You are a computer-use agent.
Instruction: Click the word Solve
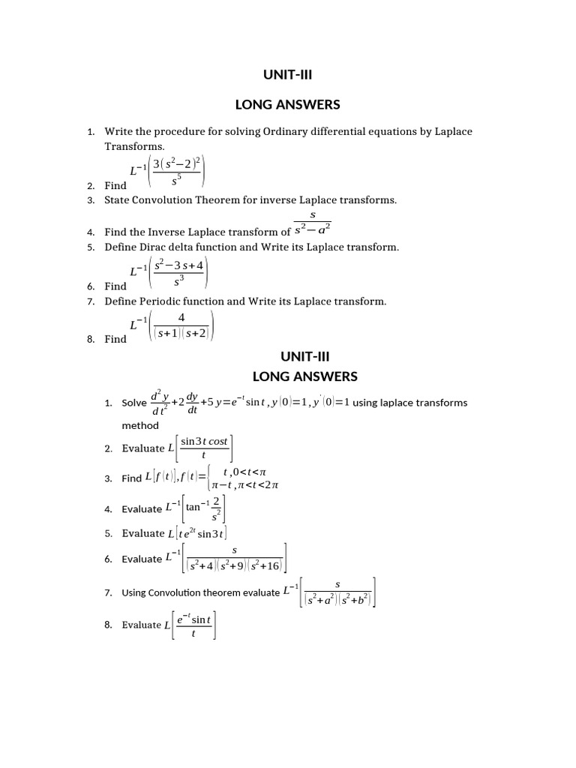click(x=134, y=403)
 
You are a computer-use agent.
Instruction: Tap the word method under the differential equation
click(x=140, y=425)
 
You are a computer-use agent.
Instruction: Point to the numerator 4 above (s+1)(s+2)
click(x=181, y=318)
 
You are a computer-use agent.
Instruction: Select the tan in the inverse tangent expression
click(x=193, y=507)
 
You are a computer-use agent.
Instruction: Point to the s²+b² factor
click(x=351, y=598)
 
